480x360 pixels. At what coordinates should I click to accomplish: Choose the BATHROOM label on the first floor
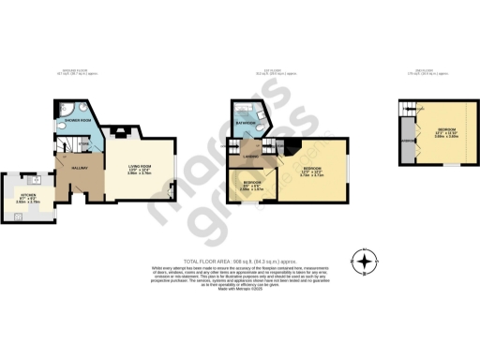click(x=246, y=122)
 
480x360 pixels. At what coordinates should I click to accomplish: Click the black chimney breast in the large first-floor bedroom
click(x=292, y=143)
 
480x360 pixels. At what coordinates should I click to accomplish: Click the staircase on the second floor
click(x=407, y=116)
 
